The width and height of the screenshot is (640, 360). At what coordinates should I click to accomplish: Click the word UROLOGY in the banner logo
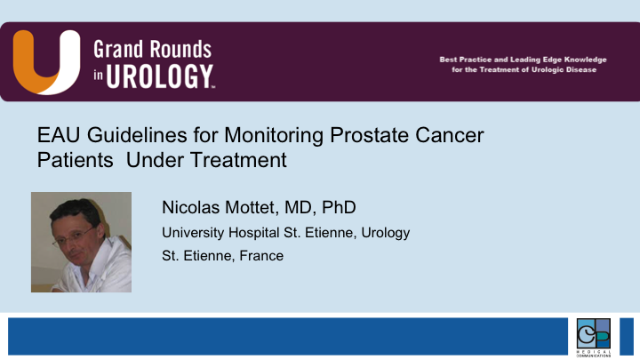tap(161, 76)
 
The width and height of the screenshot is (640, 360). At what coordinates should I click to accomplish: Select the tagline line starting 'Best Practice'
tap(523, 60)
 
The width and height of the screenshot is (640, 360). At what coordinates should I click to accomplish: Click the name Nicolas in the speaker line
tap(189, 208)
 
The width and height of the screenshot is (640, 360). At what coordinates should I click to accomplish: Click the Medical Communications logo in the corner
tap(593, 336)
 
